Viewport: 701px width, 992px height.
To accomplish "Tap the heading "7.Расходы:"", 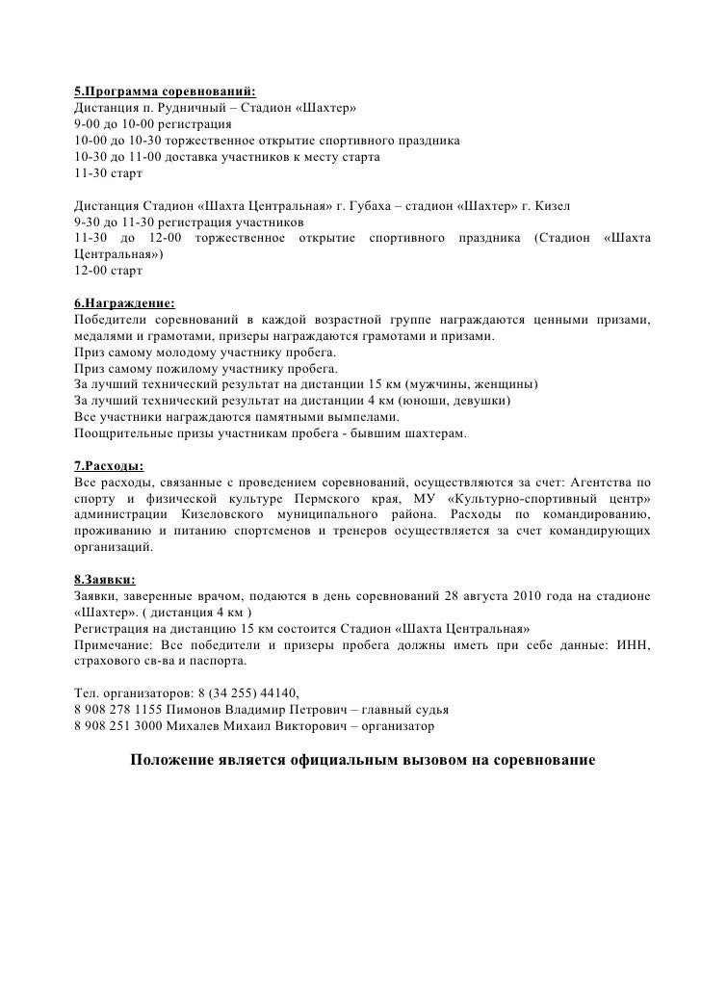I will pos(108,463).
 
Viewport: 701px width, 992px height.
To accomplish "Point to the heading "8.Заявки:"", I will pos(105,580).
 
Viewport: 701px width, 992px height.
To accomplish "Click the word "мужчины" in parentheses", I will pos(438,384).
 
